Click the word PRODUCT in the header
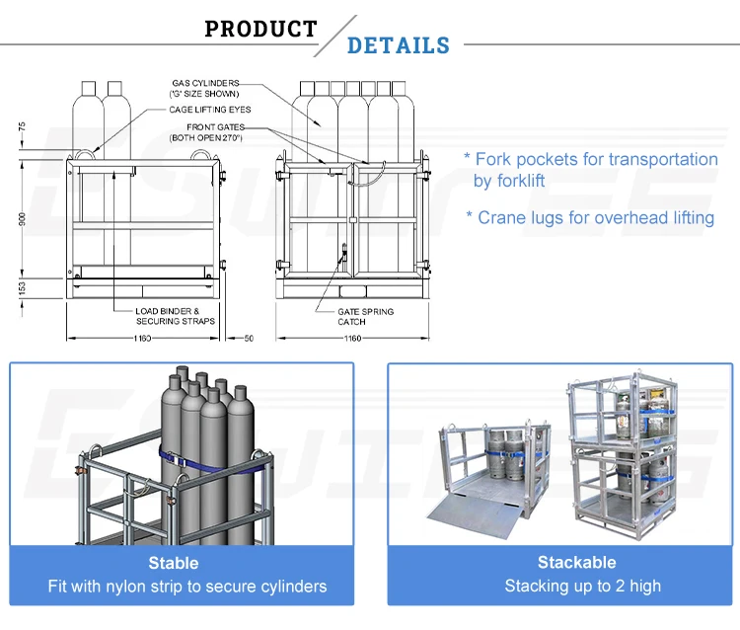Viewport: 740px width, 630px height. point(260,29)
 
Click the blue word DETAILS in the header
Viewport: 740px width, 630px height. point(399,45)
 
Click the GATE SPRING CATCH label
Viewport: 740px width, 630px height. point(365,316)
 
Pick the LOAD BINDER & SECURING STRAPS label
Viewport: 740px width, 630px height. point(175,316)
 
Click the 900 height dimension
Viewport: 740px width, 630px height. point(23,219)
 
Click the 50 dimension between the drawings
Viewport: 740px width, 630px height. point(249,338)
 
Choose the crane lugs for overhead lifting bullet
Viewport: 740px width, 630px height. point(590,217)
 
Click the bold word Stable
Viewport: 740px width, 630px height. point(174,563)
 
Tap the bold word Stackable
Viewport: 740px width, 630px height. point(576,562)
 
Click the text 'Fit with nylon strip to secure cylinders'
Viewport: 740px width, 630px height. point(186,587)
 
